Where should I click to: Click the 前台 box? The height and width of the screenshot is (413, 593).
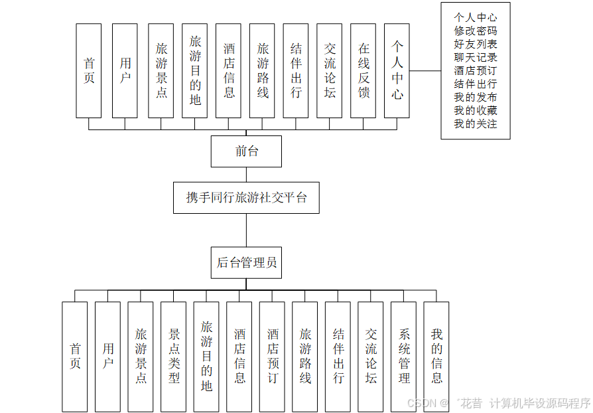tap(246, 151)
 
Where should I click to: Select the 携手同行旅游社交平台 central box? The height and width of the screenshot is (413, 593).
tap(246, 198)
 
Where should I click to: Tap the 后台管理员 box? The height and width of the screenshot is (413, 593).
tap(246, 262)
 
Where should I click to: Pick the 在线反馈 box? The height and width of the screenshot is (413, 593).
tap(363, 71)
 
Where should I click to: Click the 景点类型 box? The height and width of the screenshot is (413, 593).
tap(174, 357)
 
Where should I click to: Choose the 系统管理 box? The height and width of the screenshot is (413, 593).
tap(403, 357)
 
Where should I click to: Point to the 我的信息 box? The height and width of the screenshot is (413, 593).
tap(436, 357)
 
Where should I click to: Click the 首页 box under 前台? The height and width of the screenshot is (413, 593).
tap(89, 71)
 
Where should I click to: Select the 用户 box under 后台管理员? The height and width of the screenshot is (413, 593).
tap(107, 357)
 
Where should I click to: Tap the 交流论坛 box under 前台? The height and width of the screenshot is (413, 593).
tap(329, 71)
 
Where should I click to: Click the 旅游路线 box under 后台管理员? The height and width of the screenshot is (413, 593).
tap(304, 357)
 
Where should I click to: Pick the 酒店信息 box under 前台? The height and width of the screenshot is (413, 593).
tap(228, 71)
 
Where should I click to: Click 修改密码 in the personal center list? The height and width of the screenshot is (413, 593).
tap(475, 31)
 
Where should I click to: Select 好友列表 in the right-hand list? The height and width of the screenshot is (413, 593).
tap(475, 44)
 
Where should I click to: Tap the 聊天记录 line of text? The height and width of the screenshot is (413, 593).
tap(475, 57)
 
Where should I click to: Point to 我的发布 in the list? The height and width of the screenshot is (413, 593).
tap(475, 97)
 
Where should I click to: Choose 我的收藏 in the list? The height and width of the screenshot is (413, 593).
tap(475, 110)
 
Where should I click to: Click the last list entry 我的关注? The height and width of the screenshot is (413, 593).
tap(475, 124)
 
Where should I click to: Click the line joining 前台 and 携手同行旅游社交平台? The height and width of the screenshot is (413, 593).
tap(246, 175)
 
